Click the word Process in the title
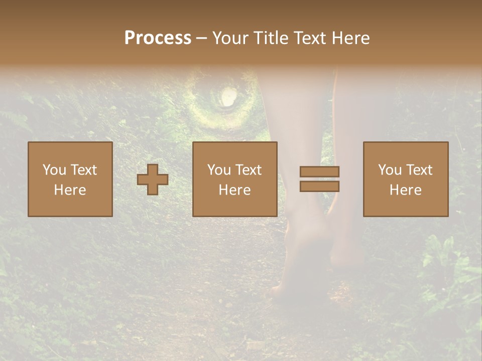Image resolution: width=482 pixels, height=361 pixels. pos(158,38)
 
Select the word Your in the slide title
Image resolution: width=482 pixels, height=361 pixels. pos(229,38)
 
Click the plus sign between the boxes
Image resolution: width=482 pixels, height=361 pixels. pos(153,179)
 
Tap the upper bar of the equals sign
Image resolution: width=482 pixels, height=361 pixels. pos(319,171)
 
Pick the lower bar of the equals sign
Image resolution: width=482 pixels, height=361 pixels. pos(319,186)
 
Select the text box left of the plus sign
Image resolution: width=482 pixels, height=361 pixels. pos(70,179)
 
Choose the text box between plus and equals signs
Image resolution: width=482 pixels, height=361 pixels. pos(235,179)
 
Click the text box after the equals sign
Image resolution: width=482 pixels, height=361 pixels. pos(406,179)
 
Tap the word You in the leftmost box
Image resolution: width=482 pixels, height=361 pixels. pos(54,170)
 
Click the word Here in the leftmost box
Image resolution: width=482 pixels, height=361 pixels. pos(70,190)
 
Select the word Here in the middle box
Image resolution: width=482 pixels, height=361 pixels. pos(235,190)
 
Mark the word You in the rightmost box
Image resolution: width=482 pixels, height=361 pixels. pos(389,170)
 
